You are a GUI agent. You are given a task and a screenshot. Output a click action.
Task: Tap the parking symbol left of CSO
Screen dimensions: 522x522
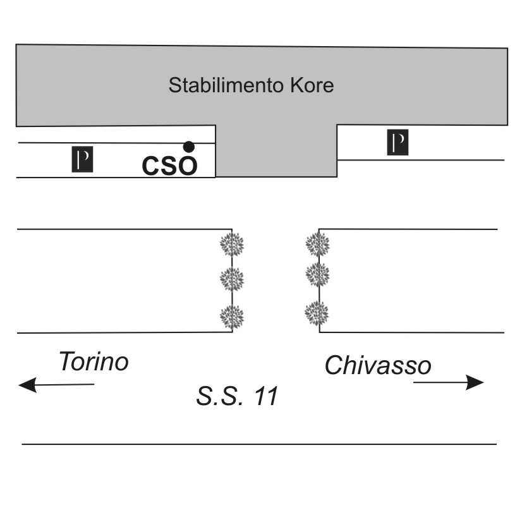click(x=82, y=159)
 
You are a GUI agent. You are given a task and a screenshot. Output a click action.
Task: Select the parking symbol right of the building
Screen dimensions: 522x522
click(x=398, y=142)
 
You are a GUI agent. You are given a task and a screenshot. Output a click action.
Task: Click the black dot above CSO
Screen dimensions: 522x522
click(x=188, y=147)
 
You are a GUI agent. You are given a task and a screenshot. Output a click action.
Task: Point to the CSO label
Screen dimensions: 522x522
click(x=169, y=166)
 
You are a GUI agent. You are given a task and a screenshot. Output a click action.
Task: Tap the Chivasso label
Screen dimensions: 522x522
click(x=378, y=365)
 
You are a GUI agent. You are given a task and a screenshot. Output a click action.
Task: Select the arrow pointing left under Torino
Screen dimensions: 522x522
click(x=56, y=384)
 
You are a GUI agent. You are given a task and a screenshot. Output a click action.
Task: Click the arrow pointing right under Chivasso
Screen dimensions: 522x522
click(x=449, y=382)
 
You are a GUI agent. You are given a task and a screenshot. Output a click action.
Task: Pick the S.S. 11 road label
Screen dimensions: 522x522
click(x=237, y=397)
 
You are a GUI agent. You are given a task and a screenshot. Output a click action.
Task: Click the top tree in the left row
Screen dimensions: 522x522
click(x=231, y=243)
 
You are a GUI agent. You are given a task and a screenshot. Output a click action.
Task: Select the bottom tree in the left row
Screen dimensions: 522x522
click(x=231, y=314)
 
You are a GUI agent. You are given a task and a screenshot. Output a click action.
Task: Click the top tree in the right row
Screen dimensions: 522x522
click(x=317, y=243)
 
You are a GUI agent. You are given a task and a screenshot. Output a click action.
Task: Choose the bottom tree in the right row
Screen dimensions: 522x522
click(x=317, y=313)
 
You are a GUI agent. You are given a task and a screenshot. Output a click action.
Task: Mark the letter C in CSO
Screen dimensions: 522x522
click(x=152, y=166)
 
